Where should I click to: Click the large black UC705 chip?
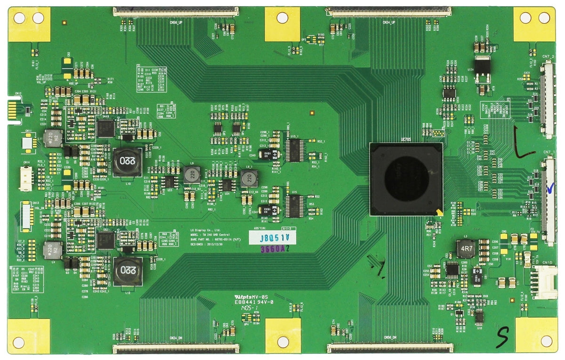pos(406,179)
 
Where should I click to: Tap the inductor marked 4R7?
pos(466,248)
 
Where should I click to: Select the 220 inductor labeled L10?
pos(127,161)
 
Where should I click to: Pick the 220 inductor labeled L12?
pos(127,271)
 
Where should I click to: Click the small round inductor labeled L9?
pos(192,174)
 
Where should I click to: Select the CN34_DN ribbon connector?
pos(175,348)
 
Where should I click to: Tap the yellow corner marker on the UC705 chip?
pos(438,212)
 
